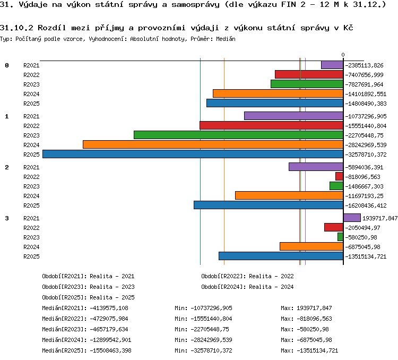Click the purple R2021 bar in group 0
pos(332,65)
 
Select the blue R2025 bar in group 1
pos(193,154)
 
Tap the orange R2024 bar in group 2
pos(289,195)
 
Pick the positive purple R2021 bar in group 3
pos(352,218)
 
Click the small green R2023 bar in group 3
pos(340,237)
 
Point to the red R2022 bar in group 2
pos(340,177)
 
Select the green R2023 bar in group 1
pos(239,135)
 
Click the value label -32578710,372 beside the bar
pos(366,155)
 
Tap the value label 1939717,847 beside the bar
pos(380,218)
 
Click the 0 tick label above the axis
pos(343,55)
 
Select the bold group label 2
pos(7,167)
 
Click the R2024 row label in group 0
pos(31,94)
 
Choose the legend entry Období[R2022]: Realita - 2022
pos(247,276)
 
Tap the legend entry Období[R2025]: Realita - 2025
pos(88,297)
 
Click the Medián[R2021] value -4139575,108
pos(109,308)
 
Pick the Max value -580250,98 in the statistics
pos(313,330)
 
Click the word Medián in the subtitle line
pos(226,39)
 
